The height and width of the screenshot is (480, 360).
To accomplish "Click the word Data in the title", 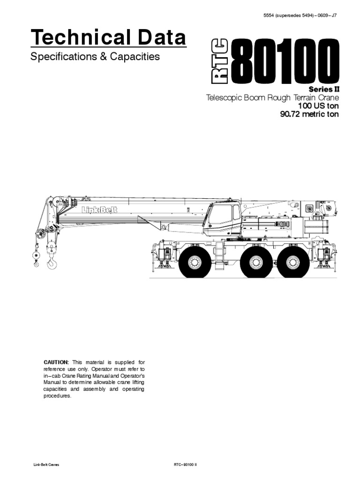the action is pyautogui.click(x=162, y=37).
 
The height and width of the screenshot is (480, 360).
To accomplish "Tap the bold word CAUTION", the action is pyautogui.click(x=56, y=362).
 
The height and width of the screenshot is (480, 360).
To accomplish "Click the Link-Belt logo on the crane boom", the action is pyautogui.click(x=97, y=210).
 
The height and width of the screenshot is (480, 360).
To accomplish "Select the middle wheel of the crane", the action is pyautogui.click(x=257, y=263).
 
